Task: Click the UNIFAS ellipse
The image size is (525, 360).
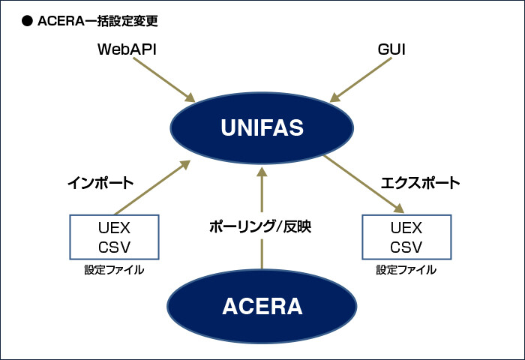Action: pyautogui.click(x=262, y=127)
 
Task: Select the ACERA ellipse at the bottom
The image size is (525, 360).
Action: pyautogui.click(x=262, y=306)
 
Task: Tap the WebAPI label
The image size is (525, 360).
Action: pyautogui.click(x=127, y=49)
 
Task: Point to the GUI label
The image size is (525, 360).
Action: pyautogui.click(x=391, y=49)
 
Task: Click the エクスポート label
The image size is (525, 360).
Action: pyautogui.click(x=420, y=182)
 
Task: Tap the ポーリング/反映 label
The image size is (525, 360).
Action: pyautogui.click(x=260, y=226)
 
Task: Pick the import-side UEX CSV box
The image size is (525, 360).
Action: pyautogui.click(x=114, y=238)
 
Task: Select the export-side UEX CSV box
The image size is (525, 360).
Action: pyautogui.click(x=406, y=238)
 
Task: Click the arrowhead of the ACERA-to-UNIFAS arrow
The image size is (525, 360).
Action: pyautogui.click(x=262, y=172)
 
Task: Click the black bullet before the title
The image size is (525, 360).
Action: pyautogui.click(x=26, y=21)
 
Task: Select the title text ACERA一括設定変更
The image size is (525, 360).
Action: pyautogui.click(x=97, y=21)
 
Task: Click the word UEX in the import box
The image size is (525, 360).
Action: pyautogui.click(x=114, y=228)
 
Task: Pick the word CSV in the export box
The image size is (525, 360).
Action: pyautogui.click(x=406, y=247)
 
